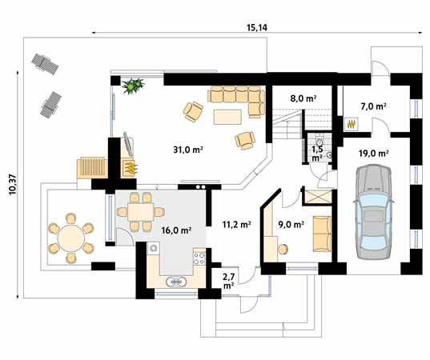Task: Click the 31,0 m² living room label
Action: (188, 150)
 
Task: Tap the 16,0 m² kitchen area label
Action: (176, 230)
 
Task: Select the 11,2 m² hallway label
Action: (237, 225)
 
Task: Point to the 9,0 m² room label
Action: (291, 225)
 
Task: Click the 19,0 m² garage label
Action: (373, 153)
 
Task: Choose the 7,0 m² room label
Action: (373, 106)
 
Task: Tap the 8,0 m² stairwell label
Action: (303, 98)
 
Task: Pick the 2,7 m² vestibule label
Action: (228, 281)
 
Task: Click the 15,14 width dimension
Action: (257, 28)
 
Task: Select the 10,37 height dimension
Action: (13, 185)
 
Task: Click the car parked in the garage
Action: (373, 211)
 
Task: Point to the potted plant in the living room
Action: (133, 86)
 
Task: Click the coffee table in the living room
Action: (227, 117)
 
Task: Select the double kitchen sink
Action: (176, 282)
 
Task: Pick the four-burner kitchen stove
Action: (199, 258)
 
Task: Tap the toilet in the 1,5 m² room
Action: (319, 142)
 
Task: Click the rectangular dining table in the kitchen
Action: (140, 212)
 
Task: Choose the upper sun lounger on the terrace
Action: (45, 64)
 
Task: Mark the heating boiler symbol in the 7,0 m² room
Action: (352, 124)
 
